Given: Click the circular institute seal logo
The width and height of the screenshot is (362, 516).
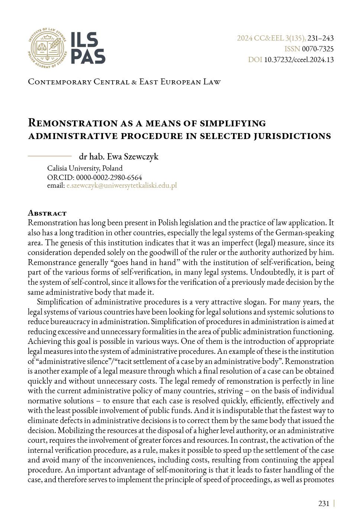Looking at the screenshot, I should coord(47,48).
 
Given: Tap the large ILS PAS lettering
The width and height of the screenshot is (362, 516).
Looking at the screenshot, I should coord(88,48).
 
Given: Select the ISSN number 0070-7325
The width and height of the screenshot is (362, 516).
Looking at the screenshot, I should coord(318,49).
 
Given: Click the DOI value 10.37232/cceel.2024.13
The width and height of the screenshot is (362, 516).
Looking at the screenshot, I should coord(299,60).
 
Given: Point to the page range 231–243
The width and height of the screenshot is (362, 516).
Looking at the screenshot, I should coord(320,38).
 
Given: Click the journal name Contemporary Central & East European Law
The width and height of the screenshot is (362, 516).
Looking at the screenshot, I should coord(124,82).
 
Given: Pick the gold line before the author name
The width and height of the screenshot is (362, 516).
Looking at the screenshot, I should coord(50,156).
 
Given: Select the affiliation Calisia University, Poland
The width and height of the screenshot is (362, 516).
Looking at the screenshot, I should coord(85,168).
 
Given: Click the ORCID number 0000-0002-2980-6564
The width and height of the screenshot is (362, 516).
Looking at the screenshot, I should coord(109,178).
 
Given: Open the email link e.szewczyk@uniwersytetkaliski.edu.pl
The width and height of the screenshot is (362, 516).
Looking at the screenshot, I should coord(122,186).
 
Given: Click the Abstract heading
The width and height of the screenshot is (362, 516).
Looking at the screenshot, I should coord(47,213).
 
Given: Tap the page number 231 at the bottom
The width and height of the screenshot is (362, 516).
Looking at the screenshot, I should coord(324,504).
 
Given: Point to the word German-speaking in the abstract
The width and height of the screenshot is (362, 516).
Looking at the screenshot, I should coord(304,233).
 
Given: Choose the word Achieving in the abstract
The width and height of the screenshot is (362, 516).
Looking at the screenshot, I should coord(45,341).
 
